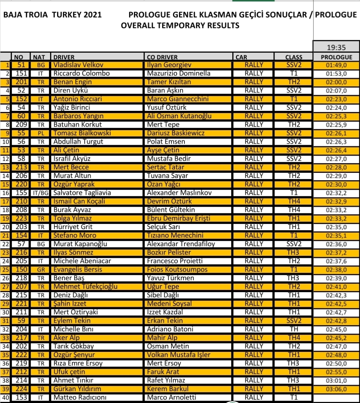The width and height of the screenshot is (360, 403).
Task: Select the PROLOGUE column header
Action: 336,57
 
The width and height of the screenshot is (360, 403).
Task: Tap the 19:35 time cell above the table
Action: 336,47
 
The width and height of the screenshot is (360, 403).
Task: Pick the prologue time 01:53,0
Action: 336,73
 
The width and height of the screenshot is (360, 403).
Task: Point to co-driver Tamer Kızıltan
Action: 169,82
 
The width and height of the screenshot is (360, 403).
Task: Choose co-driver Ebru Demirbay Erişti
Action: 179,218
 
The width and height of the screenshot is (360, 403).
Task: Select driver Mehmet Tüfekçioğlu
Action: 86,287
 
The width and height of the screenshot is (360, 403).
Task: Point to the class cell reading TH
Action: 294,329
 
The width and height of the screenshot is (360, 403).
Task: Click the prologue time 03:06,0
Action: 336,389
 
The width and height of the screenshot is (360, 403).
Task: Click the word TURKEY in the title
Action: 65,15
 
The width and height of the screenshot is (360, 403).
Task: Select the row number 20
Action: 5,227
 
